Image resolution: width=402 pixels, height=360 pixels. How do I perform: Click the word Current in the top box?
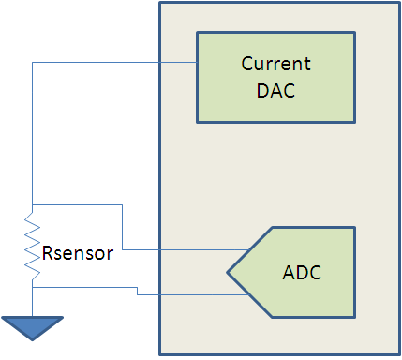(275, 64)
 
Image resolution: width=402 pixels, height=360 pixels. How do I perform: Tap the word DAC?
(275, 91)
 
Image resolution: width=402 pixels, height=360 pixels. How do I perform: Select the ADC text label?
(302, 272)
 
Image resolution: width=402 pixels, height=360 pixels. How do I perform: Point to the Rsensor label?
(78, 253)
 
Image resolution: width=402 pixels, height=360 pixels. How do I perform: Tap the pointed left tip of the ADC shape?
(227, 272)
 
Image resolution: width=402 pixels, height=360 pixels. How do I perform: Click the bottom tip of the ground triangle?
(32, 340)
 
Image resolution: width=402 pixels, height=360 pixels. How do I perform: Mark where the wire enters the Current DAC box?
(197, 63)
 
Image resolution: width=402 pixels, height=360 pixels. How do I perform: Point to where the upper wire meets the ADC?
(248, 249)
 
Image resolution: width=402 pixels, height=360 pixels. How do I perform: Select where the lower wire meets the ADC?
(248, 294)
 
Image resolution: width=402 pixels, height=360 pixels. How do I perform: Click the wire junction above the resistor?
(32, 204)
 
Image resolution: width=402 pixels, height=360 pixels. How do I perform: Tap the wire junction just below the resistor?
(32, 287)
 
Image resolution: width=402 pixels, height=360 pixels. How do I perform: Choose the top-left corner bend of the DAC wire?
(32, 63)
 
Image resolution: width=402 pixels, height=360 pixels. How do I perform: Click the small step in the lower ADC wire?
(137, 291)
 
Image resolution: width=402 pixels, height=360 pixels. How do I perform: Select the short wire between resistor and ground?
(32, 302)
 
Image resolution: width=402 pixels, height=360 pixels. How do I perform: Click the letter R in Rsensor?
(47, 253)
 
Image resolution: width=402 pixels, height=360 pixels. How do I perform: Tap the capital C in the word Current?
(246, 64)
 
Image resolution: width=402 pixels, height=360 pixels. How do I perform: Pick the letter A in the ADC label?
(289, 272)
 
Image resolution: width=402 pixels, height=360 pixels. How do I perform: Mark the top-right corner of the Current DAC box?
(355, 32)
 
